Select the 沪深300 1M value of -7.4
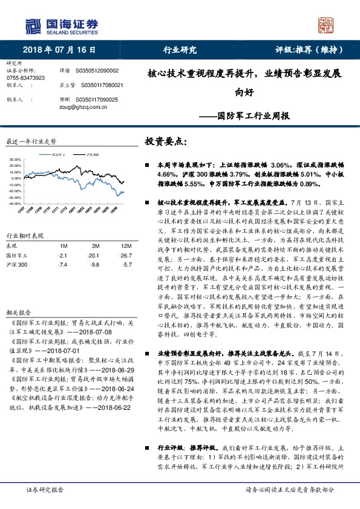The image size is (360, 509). tap(62, 265)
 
